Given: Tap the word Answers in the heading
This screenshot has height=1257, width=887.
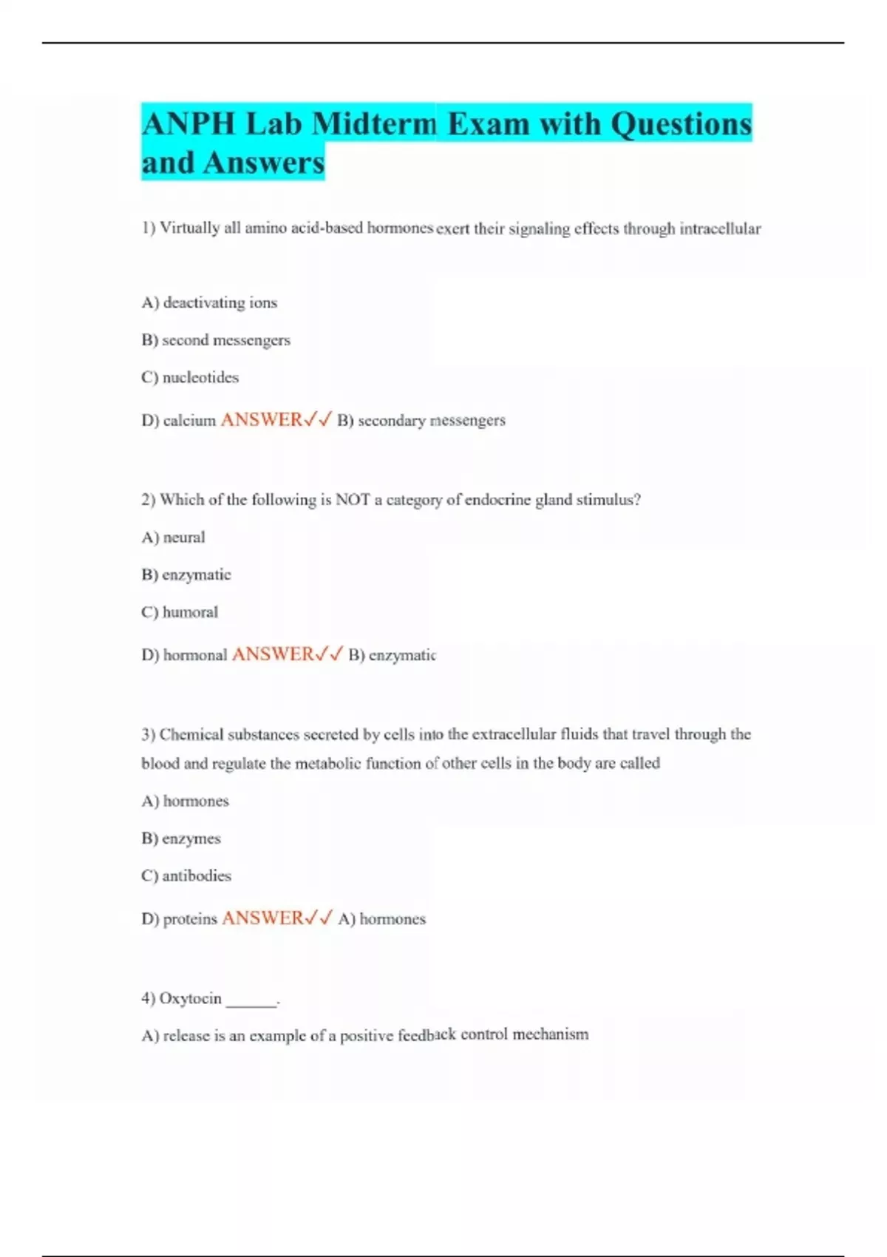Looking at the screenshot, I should coord(264,163).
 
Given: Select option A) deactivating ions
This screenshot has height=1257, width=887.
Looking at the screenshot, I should coord(209,302).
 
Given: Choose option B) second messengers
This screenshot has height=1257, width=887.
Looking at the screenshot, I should coord(216,340).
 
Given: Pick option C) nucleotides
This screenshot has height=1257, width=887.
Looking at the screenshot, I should coord(190,377).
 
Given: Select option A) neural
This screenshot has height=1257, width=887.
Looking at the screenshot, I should coord(173,538).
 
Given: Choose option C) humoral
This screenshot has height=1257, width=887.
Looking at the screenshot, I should coord(180,612).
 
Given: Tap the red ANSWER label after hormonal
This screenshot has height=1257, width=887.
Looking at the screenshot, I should coord(273,654).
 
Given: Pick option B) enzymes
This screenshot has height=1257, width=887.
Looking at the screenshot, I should coord(181,838).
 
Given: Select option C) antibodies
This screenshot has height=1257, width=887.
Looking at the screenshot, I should coord(186,875).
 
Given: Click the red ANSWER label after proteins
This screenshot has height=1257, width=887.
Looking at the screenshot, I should coord(262,918).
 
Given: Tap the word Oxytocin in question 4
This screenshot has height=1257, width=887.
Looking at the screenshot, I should coord(191,998).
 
